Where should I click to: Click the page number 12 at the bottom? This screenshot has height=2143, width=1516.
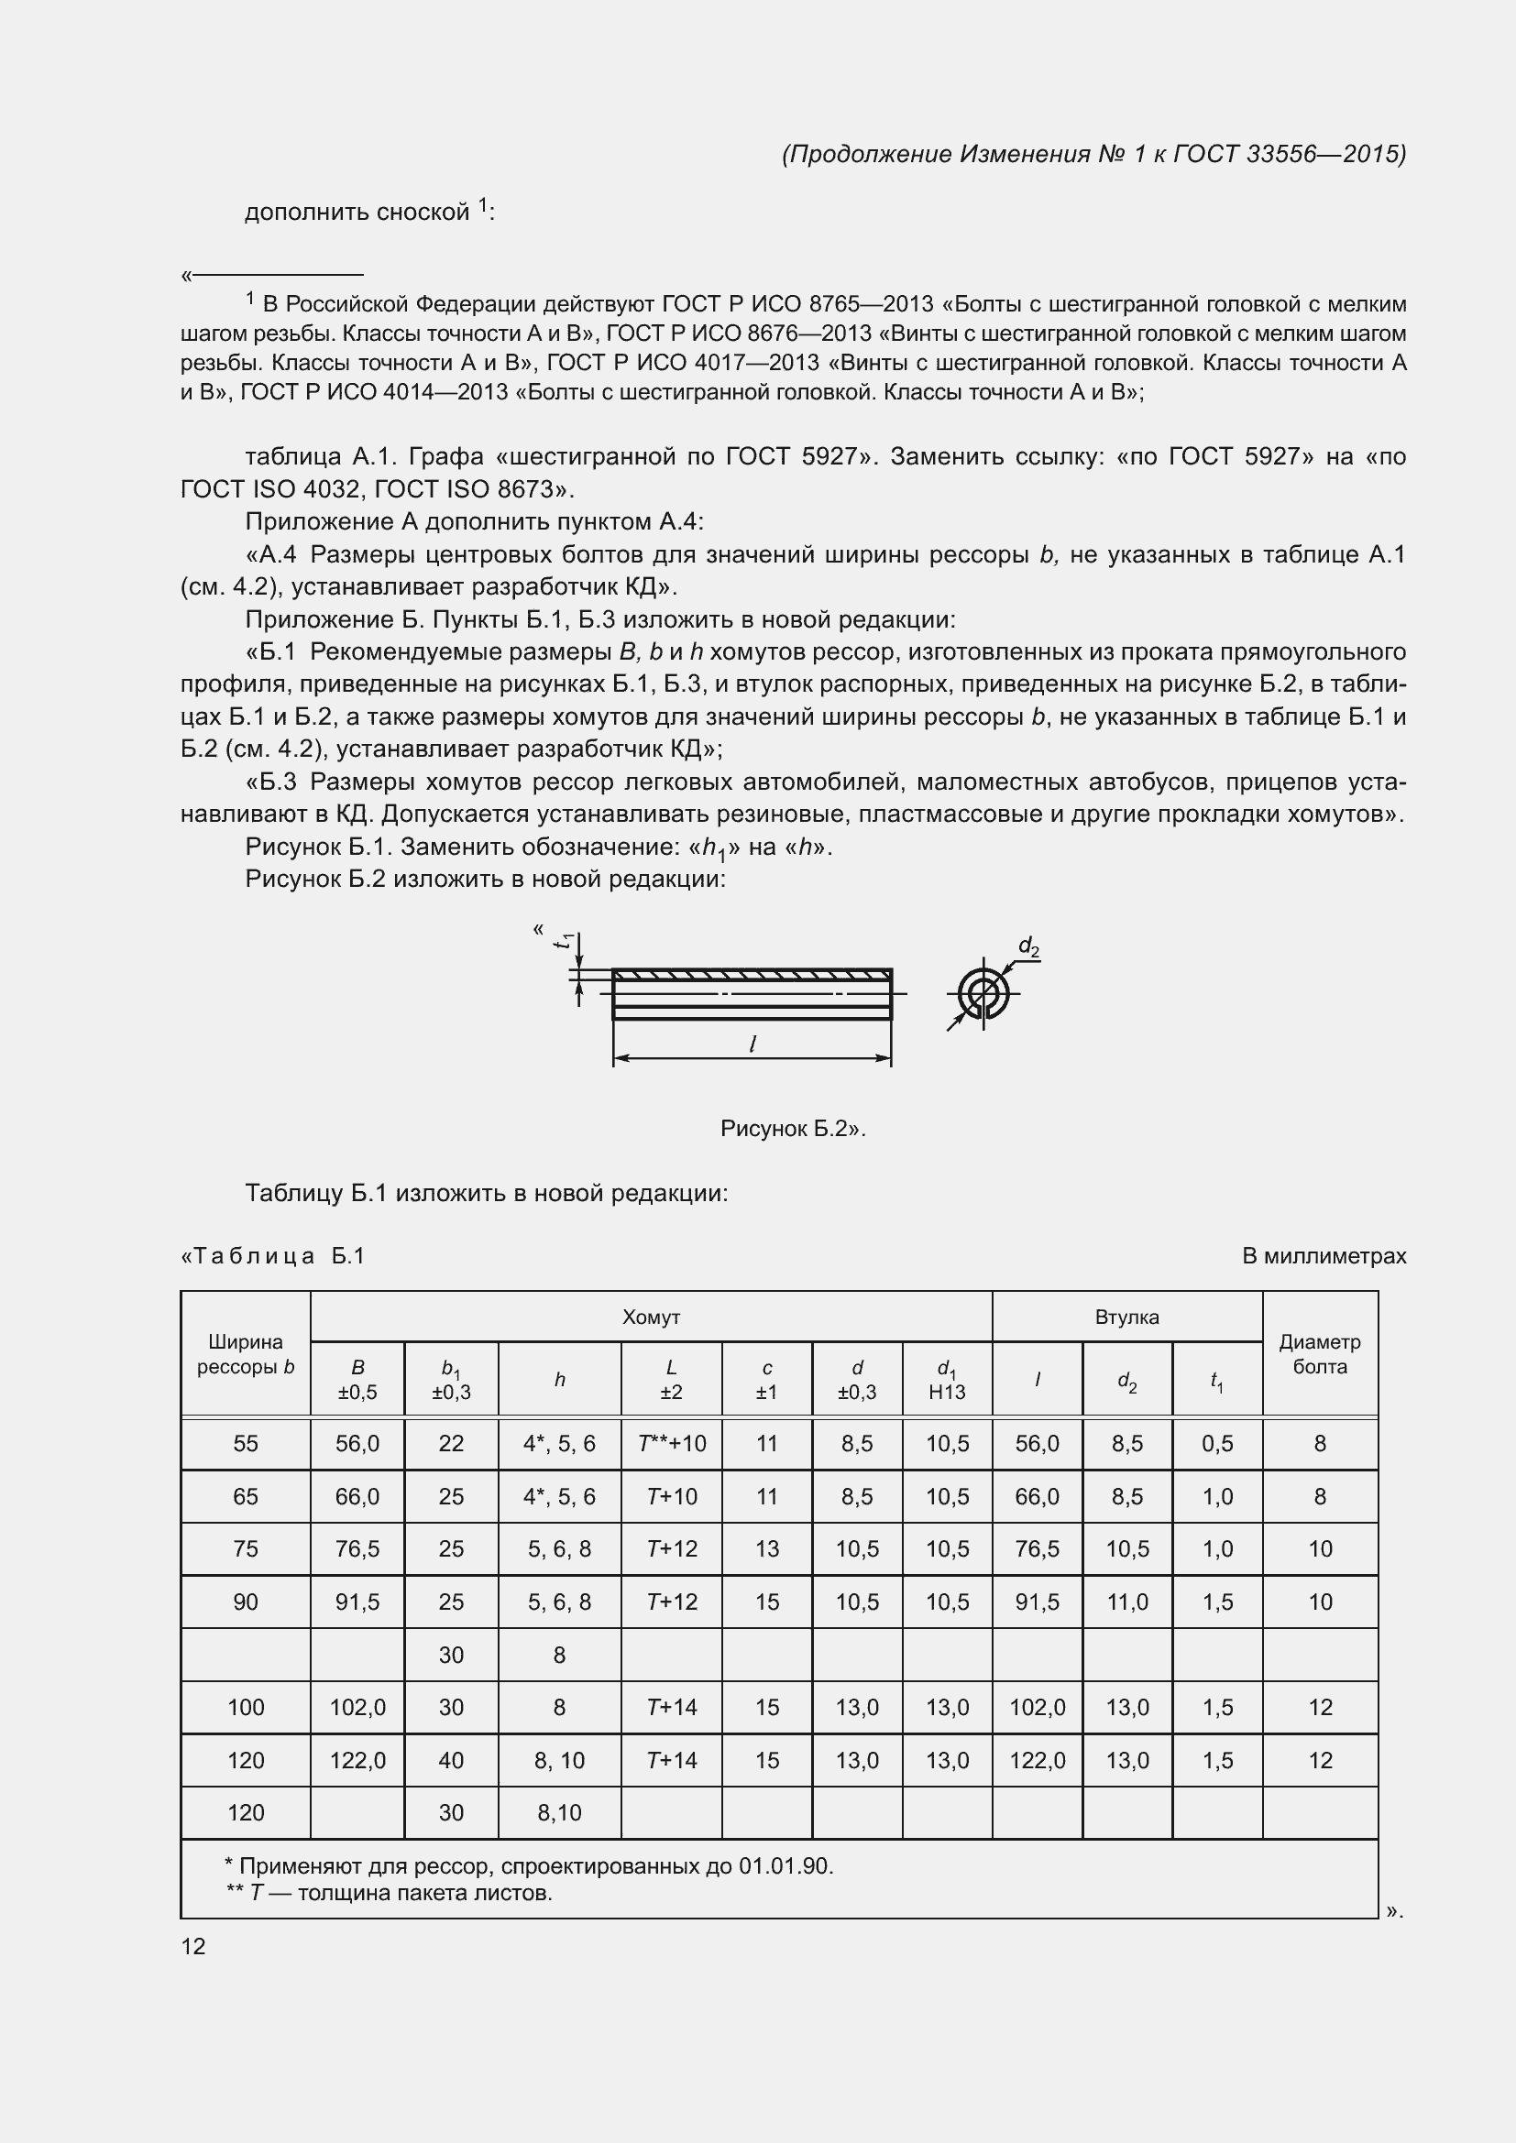point(193,1946)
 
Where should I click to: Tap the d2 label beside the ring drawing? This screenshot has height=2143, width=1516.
point(1027,946)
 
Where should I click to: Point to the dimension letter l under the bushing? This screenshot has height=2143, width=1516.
point(753,1044)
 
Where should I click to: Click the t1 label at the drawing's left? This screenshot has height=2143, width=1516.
point(563,943)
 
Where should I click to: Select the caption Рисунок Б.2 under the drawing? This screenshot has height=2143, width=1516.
point(793,1129)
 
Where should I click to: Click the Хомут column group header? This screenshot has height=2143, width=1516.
point(651,1317)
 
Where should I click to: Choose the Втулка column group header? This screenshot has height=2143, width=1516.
point(1126,1317)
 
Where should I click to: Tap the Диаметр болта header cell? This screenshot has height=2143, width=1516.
point(1319,1353)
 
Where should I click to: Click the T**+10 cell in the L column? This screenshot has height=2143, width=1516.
point(671,1444)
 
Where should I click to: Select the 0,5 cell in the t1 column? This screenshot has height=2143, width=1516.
point(1217,1444)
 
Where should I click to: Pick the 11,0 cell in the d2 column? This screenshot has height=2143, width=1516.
point(1126,1602)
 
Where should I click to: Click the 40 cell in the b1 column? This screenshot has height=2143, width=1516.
point(451,1760)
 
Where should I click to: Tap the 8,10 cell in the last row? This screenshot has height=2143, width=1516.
point(559,1812)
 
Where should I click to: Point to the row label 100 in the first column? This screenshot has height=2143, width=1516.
point(246,1707)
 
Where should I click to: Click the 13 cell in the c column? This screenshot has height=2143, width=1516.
point(766,1549)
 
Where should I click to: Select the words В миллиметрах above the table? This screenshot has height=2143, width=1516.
point(1323,1256)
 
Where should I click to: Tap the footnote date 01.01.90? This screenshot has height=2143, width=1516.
point(785,1866)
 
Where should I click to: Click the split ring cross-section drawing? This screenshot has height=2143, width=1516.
point(983,993)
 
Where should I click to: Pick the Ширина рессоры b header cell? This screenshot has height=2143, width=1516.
point(246,1353)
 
